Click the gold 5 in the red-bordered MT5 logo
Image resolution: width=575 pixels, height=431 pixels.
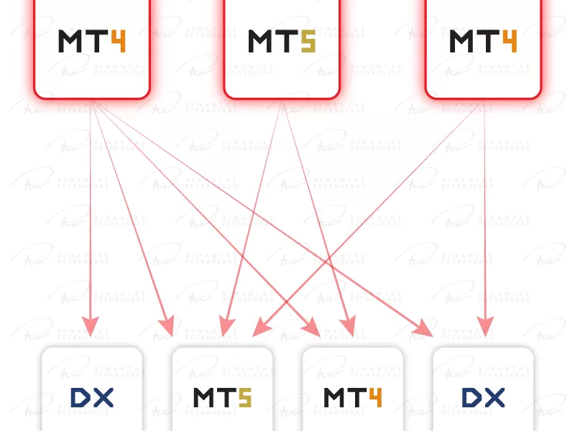308,42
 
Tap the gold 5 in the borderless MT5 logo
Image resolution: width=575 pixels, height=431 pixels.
245,398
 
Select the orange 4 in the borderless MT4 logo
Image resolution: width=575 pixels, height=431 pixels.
375,398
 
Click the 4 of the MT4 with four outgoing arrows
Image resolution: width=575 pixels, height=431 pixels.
118,42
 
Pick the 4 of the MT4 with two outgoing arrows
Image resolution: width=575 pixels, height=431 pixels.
510,42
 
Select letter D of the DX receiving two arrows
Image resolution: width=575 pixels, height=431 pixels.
471,398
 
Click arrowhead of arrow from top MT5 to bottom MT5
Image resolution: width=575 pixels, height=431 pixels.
226,327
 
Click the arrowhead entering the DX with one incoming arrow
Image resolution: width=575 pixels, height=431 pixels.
91,327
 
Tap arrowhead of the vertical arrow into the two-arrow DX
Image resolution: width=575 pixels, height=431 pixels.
486,327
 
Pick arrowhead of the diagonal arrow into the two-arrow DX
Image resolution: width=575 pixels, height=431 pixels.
423,328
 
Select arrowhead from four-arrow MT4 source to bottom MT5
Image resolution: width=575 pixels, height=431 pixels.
167,326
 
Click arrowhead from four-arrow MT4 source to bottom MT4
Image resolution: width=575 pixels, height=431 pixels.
312,327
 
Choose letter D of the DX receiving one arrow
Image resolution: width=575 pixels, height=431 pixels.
80,398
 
